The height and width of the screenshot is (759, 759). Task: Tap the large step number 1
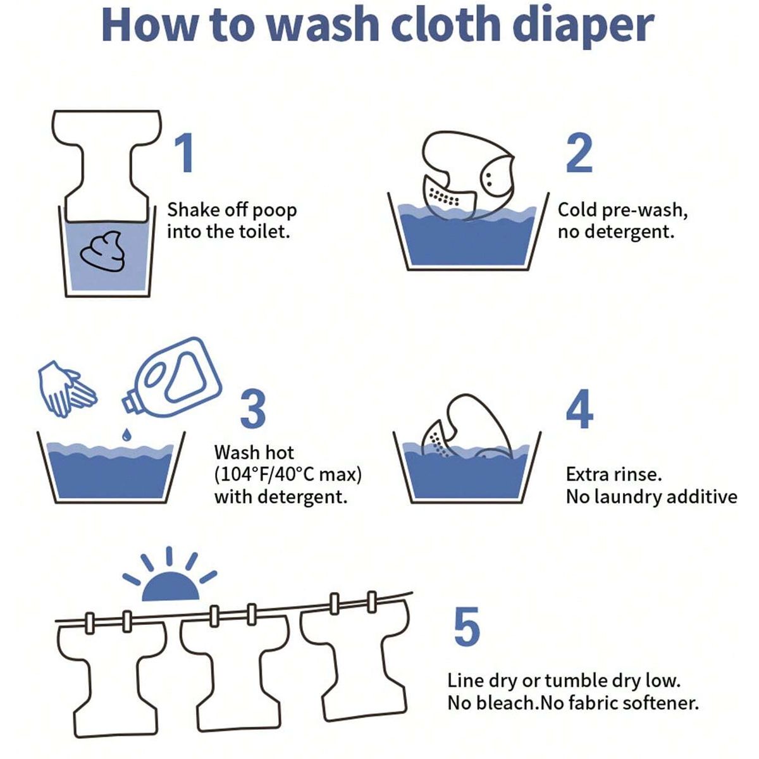[x=183, y=152]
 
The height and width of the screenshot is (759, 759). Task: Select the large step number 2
[x=579, y=153]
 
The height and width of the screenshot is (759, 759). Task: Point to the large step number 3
[x=253, y=409]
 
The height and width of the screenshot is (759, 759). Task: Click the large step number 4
[x=579, y=409]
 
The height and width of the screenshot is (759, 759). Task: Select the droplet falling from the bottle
[x=127, y=434]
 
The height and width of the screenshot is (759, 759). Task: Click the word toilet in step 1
[x=264, y=231]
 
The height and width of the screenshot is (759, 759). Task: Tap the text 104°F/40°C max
[x=288, y=474]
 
